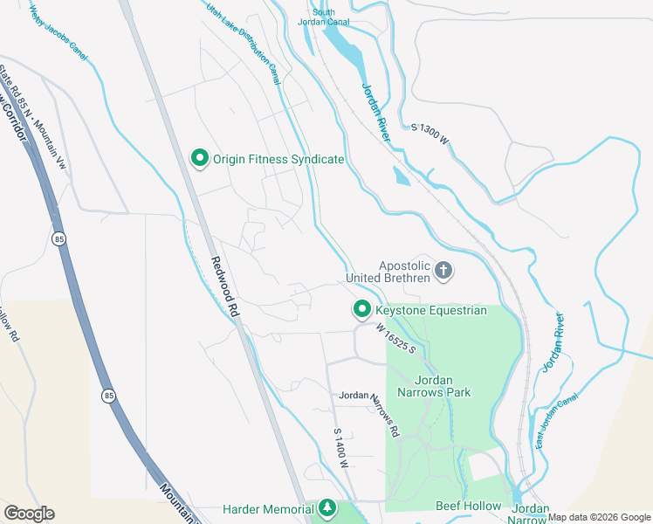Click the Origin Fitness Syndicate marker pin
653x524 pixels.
pyautogui.click(x=199, y=158)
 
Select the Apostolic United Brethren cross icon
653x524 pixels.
pyautogui.click(x=443, y=271)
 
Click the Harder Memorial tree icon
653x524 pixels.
pyautogui.click(x=327, y=507)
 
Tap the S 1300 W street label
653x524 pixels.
pyautogui.click(x=430, y=134)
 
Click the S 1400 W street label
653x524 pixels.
pyautogui.click(x=340, y=448)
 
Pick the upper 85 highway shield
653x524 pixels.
pyautogui.click(x=58, y=238)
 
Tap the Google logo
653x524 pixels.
pyautogui.click(x=29, y=514)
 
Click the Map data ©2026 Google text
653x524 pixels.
pyautogui.click(x=598, y=517)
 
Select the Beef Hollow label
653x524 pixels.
pyautogui.click(x=469, y=507)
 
